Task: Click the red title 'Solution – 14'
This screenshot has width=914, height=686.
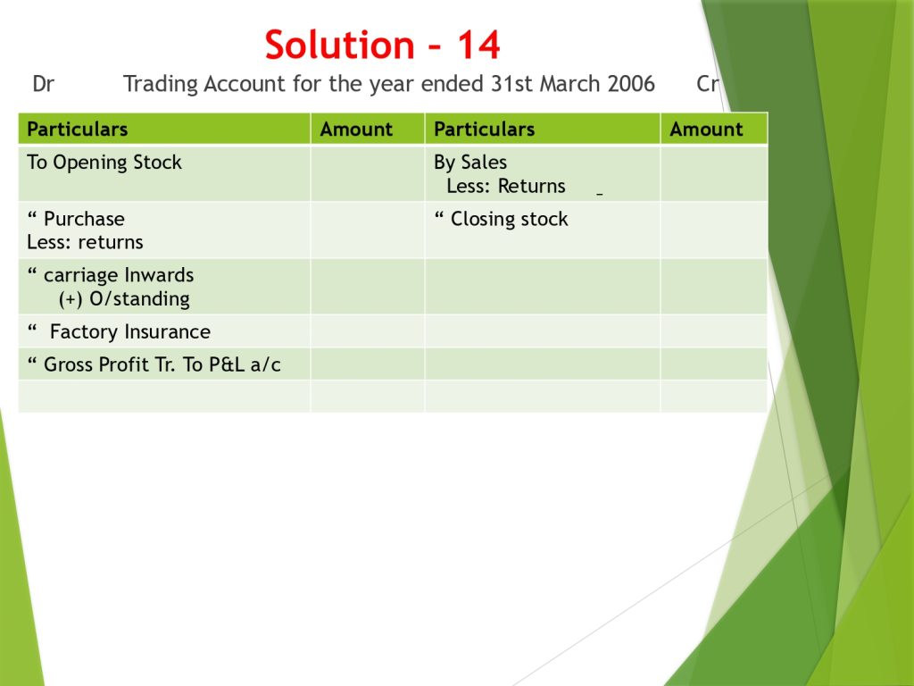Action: [x=382, y=45]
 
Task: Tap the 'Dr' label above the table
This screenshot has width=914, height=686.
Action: [x=43, y=84]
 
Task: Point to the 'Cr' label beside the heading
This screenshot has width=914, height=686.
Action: [x=708, y=84]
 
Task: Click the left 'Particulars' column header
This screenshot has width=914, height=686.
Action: [x=78, y=129]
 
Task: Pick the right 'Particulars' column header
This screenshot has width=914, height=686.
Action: [x=485, y=129]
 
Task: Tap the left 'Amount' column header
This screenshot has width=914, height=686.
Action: [x=356, y=129]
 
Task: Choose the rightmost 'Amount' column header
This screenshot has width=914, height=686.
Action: [x=706, y=129]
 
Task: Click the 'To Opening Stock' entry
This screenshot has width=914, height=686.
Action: [x=104, y=163]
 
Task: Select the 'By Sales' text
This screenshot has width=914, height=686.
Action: [x=470, y=163]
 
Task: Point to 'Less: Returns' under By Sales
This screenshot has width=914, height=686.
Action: [x=506, y=186]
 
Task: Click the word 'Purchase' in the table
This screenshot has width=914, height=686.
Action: [x=84, y=219]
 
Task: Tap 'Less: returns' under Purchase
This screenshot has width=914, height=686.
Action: [x=85, y=242]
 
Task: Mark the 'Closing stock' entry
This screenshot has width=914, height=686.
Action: [x=509, y=219]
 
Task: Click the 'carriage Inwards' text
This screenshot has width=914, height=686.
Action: [x=119, y=275]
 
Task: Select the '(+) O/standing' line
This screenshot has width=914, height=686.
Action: [x=124, y=299]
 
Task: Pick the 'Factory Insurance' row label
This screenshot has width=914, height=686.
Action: [x=130, y=332]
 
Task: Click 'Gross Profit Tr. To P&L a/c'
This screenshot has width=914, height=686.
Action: [x=162, y=364]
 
